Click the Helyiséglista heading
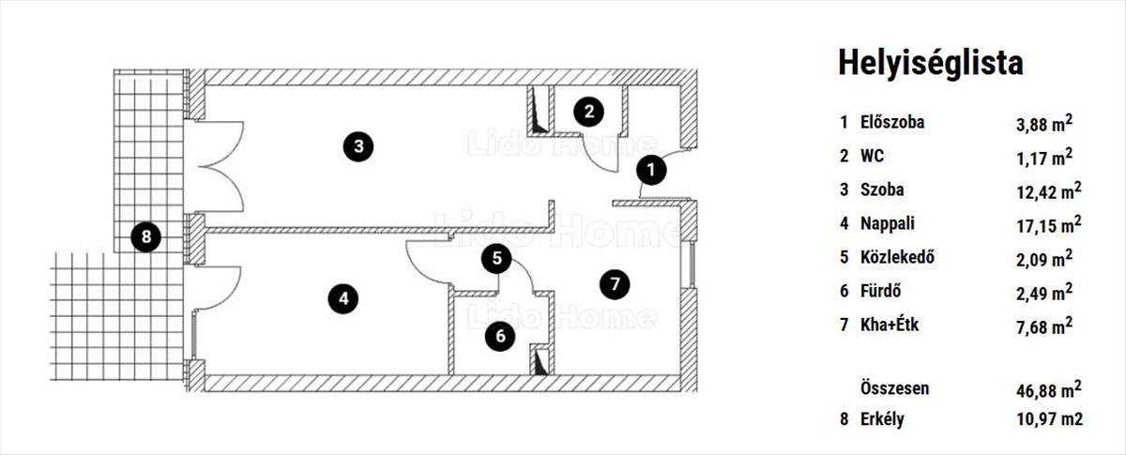tap(929, 63)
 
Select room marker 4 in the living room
tap(343, 298)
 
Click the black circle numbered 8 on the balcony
tap(145, 236)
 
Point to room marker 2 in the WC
tap(588, 112)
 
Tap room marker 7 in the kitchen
tap(614, 282)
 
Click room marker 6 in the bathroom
tap(500, 334)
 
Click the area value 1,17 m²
tap(1039, 157)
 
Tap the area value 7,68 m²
tap(1039, 326)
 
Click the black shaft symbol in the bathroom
tap(540, 361)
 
